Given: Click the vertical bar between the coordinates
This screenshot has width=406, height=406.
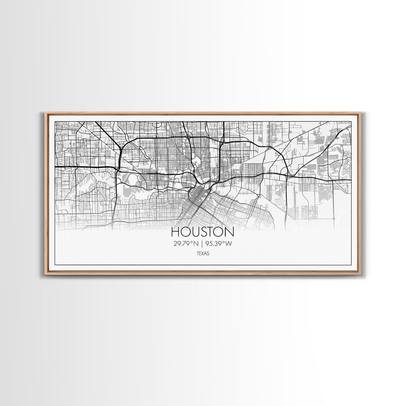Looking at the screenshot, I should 202,244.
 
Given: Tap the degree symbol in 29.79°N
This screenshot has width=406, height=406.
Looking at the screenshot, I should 191,242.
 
